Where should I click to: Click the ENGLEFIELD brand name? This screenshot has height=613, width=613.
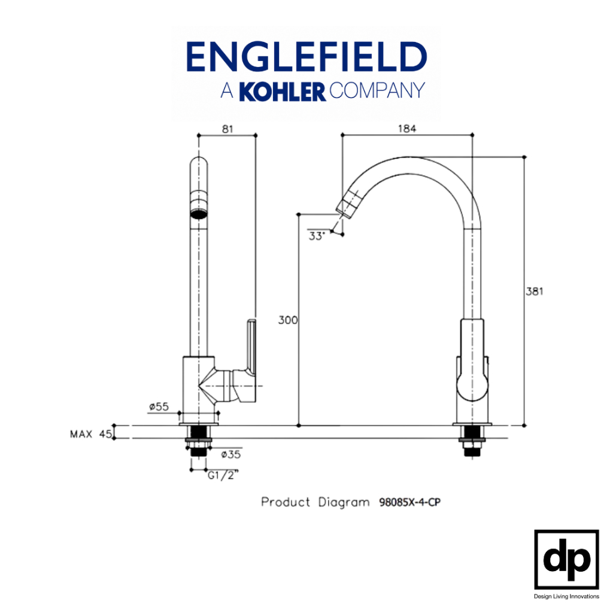(x=306, y=57)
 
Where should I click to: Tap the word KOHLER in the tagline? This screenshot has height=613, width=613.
(x=283, y=92)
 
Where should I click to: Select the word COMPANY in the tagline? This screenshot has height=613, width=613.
(x=377, y=91)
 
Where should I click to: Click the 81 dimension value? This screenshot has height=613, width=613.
(x=227, y=129)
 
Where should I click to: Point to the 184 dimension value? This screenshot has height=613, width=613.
(x=407, y=129)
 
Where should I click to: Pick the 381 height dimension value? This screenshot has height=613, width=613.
(x=535, y=292)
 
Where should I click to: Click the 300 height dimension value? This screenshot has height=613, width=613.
(x=288, y=320)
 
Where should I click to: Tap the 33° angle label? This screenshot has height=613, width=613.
(x=317, y=236)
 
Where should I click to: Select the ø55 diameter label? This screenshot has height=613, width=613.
(x=159, y=406)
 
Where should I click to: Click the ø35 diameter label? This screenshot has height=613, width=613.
(x=230, y=454)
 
